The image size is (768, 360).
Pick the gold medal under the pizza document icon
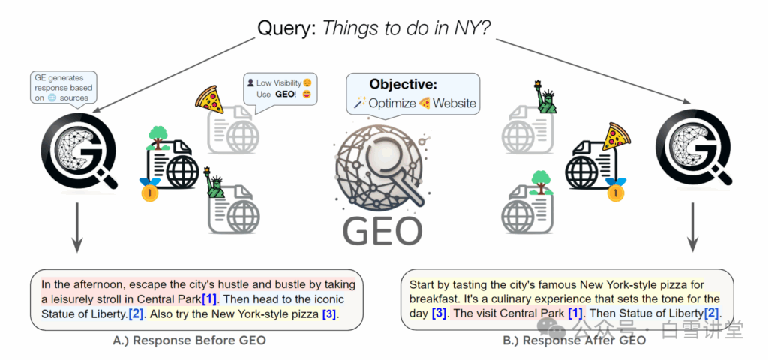(616, 193)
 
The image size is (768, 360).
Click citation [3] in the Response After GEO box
(441, 313)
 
